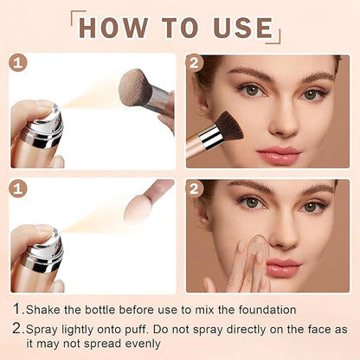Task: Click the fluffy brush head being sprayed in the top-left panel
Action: [136, 88]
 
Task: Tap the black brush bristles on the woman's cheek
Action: [227, 126]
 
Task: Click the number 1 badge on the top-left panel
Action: [18, 63]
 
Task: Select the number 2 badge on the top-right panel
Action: [195, 63]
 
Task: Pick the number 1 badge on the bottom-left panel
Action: [18, 188]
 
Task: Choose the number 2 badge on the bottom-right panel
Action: [195, 188]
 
